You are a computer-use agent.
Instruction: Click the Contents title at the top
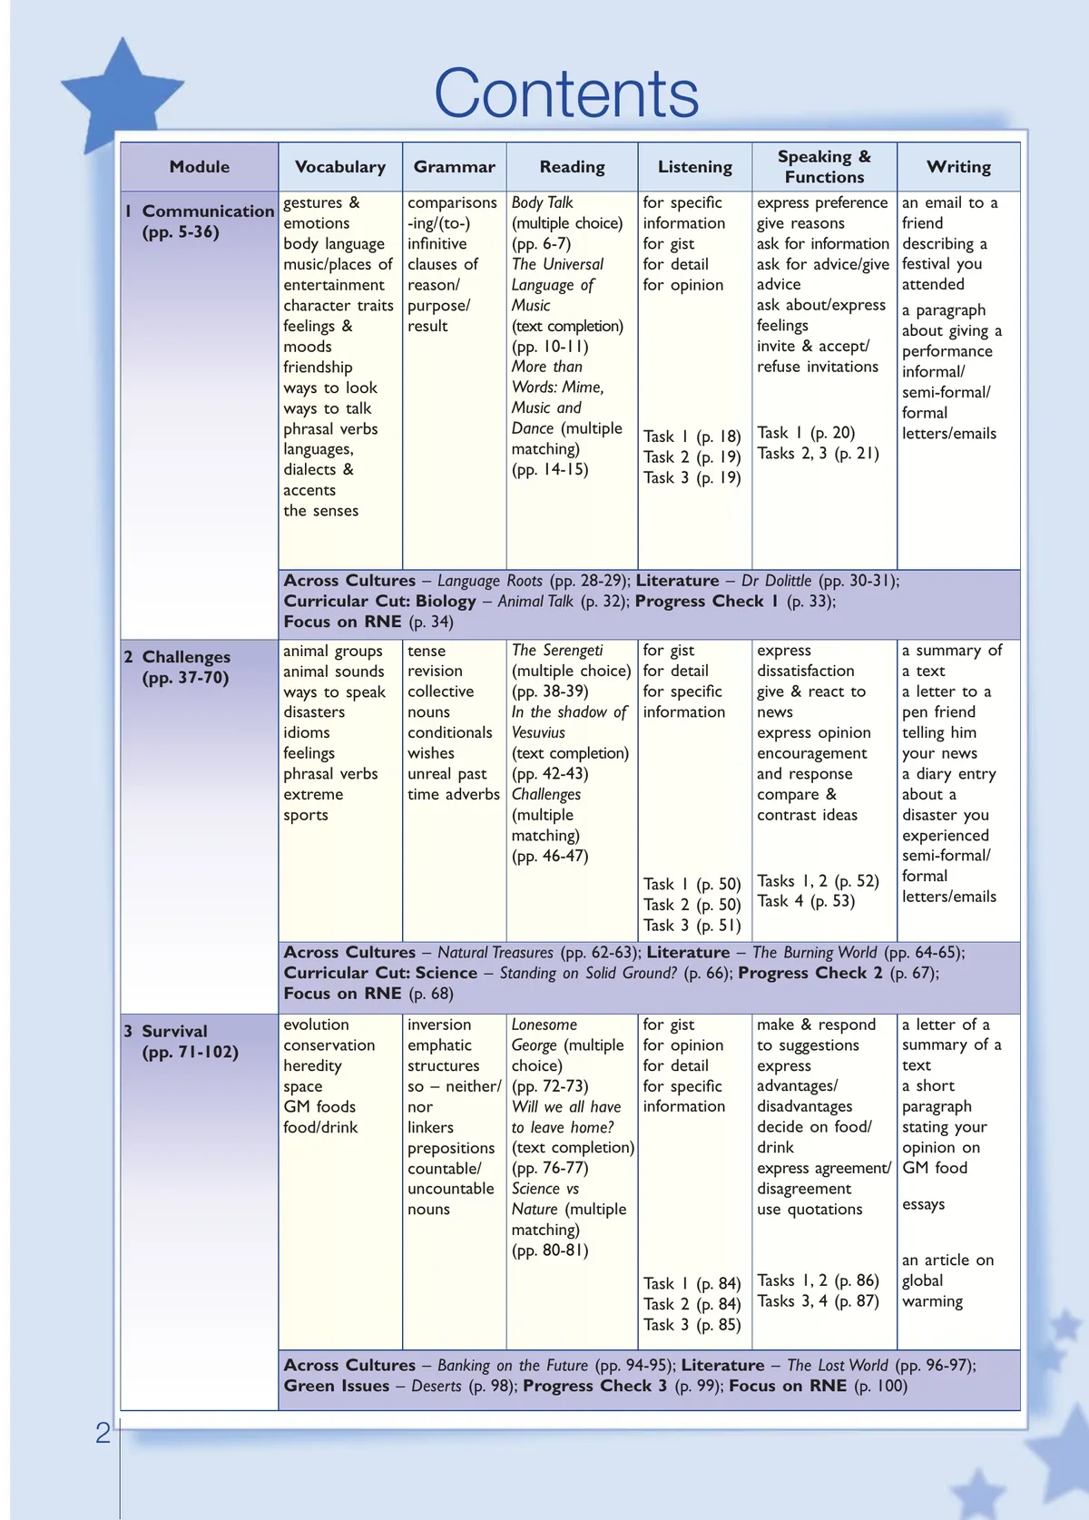pos(566,94)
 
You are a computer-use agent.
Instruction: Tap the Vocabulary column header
pos(340,167)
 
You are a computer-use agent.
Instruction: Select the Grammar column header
pos(454,167)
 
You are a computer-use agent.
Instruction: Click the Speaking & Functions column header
pos(824,167)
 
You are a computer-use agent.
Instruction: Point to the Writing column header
pos(958,167)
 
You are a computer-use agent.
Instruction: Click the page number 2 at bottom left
pos(103,1433)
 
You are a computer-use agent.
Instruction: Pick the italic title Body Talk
pos(543,202)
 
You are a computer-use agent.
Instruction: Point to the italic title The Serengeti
pos(557,651)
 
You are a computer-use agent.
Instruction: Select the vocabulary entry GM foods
pos(319,1107)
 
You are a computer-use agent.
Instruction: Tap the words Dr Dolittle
pos(776,581)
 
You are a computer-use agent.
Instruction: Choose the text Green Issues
pos(336,1386)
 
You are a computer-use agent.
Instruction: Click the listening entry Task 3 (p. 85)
pos(692,1325)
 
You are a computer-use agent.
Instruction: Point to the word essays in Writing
pos(923,1204)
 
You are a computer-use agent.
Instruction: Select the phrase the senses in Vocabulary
pos(320,511)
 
